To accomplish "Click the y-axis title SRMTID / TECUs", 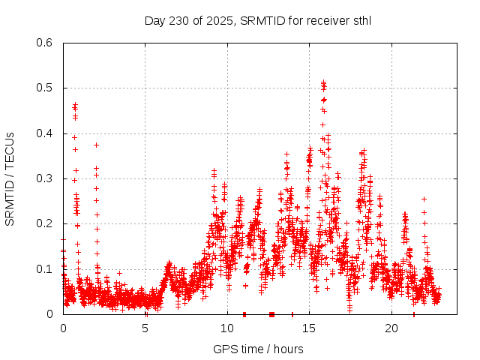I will [10, 178].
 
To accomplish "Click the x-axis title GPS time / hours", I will [258, 349].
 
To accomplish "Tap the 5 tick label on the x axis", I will [145, 328].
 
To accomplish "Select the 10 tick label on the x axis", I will [227, 328].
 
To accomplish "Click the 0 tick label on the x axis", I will [63, 328].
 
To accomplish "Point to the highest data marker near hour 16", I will [323, 82].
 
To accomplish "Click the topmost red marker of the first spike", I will [75, 103].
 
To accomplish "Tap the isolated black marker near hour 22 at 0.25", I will [424, 199].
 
